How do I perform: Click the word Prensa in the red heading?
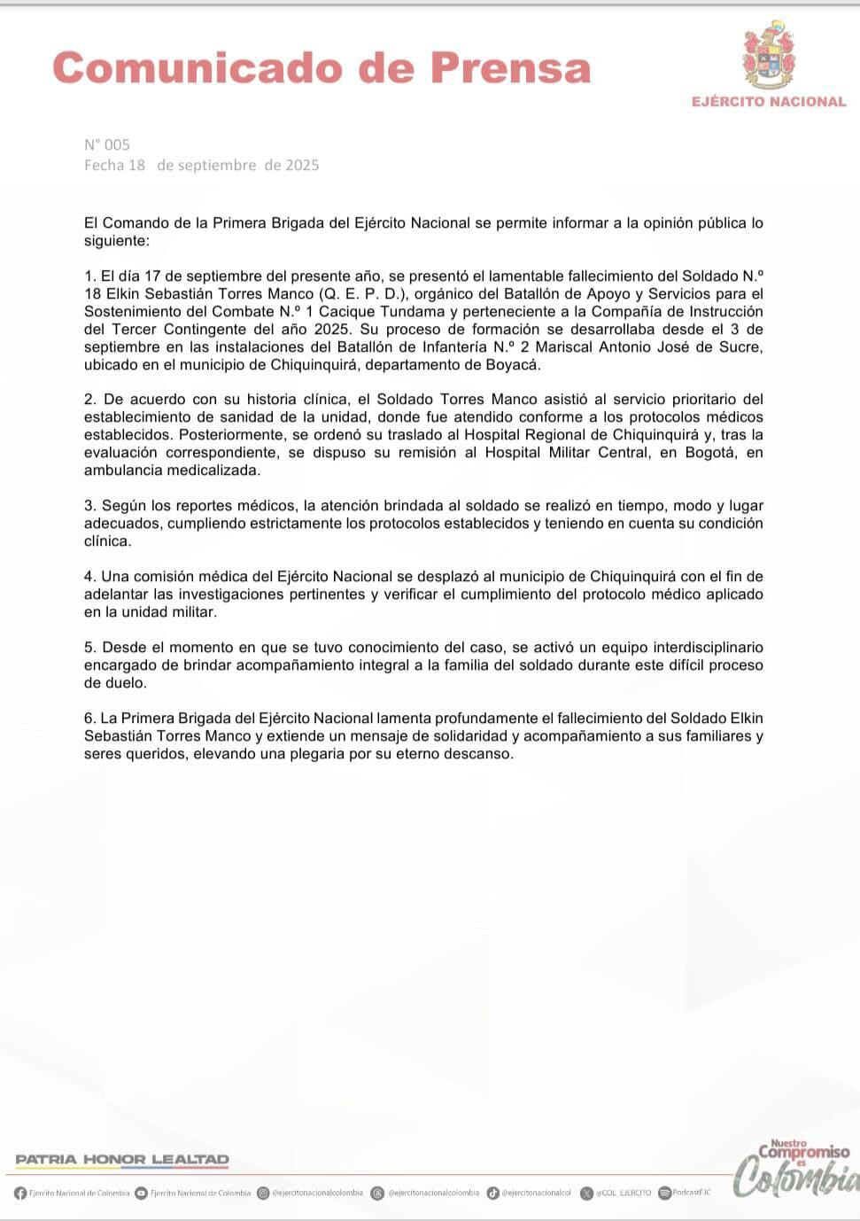[x=510, y=68]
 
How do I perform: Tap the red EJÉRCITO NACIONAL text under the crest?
[x=769, y=102]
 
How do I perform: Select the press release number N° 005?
[x=107, y=144]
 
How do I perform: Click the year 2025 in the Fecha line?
[x=302, y=165]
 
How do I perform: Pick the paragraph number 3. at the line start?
[x=90, y=506]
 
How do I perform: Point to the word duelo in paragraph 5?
[x=103, y=683]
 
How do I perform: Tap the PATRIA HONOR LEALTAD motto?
[x=122, y=1159]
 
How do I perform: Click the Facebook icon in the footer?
[x=20, y=1193]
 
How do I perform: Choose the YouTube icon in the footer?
[x=141, y=1193]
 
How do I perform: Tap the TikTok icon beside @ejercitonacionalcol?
[x=492, y=1193]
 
